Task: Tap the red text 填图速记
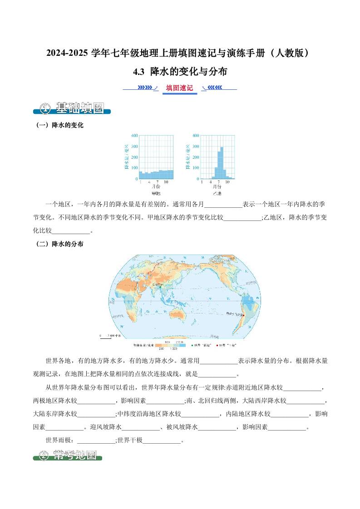point(179,88)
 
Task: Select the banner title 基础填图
point(79,108)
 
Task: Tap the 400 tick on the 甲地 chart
point(134,136)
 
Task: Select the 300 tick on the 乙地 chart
point(195,147)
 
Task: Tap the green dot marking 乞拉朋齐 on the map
point(160,287)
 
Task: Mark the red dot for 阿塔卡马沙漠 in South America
point(244,315)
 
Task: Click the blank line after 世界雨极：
point(97,440)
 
